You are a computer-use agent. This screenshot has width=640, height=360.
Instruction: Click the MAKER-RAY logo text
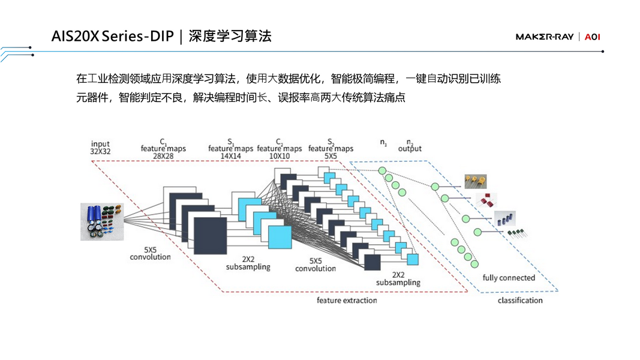tap(545, 37)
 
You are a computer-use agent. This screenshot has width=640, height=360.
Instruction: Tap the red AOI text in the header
tap(593, 37)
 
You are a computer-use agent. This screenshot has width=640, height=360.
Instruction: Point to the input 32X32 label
tap(100, 148)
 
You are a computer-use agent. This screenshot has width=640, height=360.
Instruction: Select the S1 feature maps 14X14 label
tap(230, 148)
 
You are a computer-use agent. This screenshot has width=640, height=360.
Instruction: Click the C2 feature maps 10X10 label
tap(280, 148)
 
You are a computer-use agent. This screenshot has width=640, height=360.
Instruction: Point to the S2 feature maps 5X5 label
tap(330, 148)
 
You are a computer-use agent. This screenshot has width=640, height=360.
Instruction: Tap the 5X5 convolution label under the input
tap(150, 253)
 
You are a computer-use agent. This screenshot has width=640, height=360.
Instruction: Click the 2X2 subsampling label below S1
tap(247, 263)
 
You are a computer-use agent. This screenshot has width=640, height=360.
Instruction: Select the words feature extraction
tap(347, 300)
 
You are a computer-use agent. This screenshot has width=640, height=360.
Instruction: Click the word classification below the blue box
tap(520, 300)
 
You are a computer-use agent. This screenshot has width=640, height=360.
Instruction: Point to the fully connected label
tap(509, 278)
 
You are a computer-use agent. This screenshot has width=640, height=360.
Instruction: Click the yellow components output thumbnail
tap(475, 181)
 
